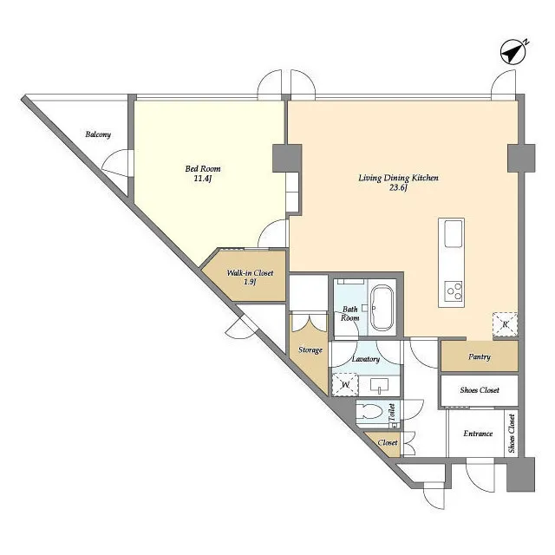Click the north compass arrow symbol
pyautogui.click(x=513, y=53)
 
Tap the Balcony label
pyautogui.click(x=98, y=134)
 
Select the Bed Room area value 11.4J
pyautogui.click(x=203, y=179)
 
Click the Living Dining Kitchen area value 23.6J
pyautogui.click(x=399, y=187)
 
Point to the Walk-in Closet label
pyautogui.click(x=250, y=273)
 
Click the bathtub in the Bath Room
pyautogui.click(x=382, y=308)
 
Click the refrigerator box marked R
pyautogui.click(x=506, y=324)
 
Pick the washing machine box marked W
pyautogui.click(x=345, y=385)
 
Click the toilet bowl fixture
pyautogui.click(x=370, y=412)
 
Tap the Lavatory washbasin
pyautogui.click(x=379, y=385)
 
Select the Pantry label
pyautogui.click(x=480, y=356)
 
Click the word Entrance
pyautogui.click(x=478, y=434)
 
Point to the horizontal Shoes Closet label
pyautogui.click(x=480, y=390)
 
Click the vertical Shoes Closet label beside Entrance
pyautogui.click(x=512, y=434)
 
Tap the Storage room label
pyautogui.click(x=310, y=350)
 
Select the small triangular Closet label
pyautogui.click(x=388, y=443)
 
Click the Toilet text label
pyautogui.click(x=392, y=413)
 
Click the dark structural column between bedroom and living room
pyautogui.click(x=287, y=158)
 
